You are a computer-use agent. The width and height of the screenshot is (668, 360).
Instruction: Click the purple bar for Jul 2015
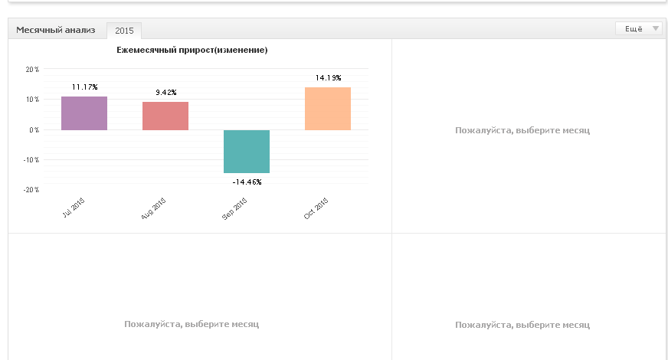[x=84, y=113]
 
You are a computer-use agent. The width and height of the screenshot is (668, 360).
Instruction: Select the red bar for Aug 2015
[x=165, y=116]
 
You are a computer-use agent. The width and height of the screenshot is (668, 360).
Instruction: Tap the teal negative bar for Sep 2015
[x=247, y=151]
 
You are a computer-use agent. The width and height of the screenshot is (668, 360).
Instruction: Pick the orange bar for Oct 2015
[x=328, y=109]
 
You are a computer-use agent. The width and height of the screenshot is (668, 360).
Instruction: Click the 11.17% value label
[x=85, y=87]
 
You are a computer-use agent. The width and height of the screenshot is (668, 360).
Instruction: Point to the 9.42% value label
[x=166, y=93]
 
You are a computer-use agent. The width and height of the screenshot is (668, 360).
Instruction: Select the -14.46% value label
[x=247, y=182]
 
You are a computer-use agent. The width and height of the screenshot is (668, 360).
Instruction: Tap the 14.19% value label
[x=329, y=77]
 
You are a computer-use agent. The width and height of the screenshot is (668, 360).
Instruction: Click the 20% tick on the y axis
[x=32, y=69]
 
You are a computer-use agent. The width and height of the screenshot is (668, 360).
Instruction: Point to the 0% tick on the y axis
[x=34, y=129]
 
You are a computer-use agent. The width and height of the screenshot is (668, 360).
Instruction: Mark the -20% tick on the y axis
[x=31, y=190]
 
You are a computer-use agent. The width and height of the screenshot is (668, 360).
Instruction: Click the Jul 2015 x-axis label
[x=74, y=208]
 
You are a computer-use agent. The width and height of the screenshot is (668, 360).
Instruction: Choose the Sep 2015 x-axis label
[x=234, y=209]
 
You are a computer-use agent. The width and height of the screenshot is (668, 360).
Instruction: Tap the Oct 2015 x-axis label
[x=316, y=208]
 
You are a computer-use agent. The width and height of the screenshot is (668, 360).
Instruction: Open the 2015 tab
[x=124, y=31]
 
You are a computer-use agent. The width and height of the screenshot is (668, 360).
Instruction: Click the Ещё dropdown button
[x=639, y=28]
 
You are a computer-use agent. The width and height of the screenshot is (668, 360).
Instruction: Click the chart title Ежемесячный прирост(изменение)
[x=192, y=50]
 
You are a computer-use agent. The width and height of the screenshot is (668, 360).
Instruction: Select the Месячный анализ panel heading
[x=56, y=30]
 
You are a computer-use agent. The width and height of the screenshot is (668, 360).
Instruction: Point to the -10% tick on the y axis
[x=31, y=160]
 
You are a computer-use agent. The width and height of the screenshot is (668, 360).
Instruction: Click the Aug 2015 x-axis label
[x=153, y=209]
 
